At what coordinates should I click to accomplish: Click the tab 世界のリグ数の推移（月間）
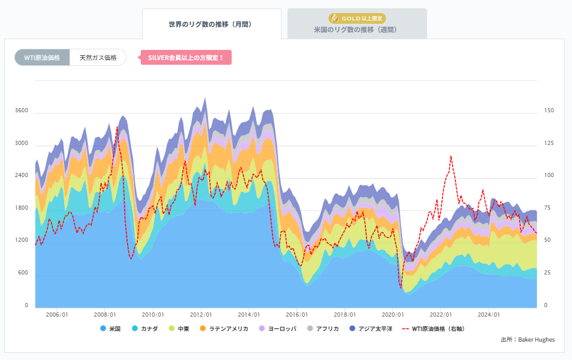coord(211,24)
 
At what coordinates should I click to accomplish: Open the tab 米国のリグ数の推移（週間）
coord(356,29)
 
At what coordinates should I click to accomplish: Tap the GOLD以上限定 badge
coord(357,18)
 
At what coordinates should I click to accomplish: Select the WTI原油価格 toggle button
coord(42,58)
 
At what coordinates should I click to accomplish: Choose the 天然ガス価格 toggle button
coord(98,58)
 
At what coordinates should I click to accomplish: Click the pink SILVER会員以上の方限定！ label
coord(186,58)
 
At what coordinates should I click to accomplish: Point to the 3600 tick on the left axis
coord(22,110)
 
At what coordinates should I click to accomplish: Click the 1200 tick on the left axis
coord(22,240)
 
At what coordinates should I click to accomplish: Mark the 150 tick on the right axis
coord(549,110)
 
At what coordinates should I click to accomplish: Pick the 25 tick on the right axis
coord(547,273)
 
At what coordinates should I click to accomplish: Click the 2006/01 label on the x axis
coord(57,315)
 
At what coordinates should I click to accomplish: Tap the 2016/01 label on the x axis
coord(297,315)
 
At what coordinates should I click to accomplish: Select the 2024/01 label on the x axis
coord(489,315)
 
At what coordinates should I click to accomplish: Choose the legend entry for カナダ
coord(145,329)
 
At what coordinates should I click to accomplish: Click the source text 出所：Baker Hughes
coord(528,340)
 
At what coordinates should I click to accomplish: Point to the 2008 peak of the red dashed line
coord(117,127)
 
